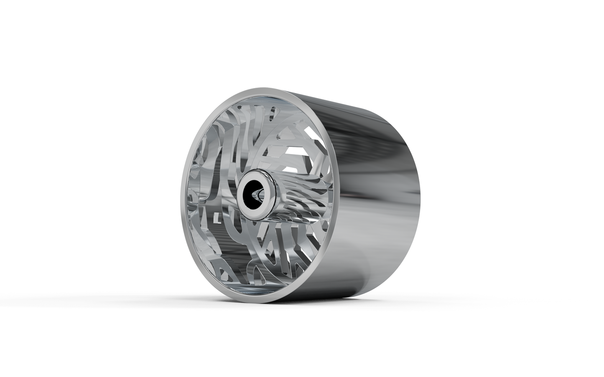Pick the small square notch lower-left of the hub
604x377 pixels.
coord(216,217)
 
